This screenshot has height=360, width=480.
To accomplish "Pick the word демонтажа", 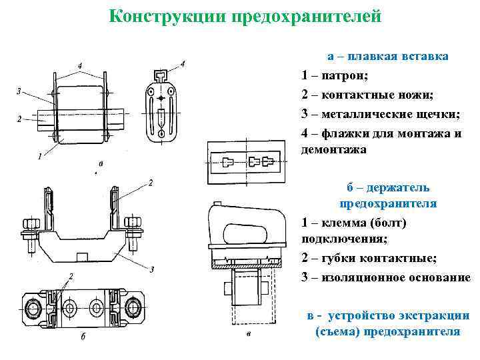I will pyautogui.click(x=334, y=151).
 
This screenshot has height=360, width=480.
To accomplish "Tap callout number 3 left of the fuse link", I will pyautogui.click(x=19, y=91).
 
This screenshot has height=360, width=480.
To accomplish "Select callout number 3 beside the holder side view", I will pyautogui.click(x=152, y=269).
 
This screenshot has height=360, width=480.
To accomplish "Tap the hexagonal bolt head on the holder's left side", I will pyautogui.click(x=29, y=223).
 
